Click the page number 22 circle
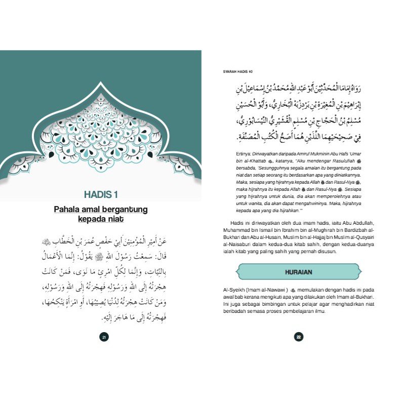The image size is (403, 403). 299,337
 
